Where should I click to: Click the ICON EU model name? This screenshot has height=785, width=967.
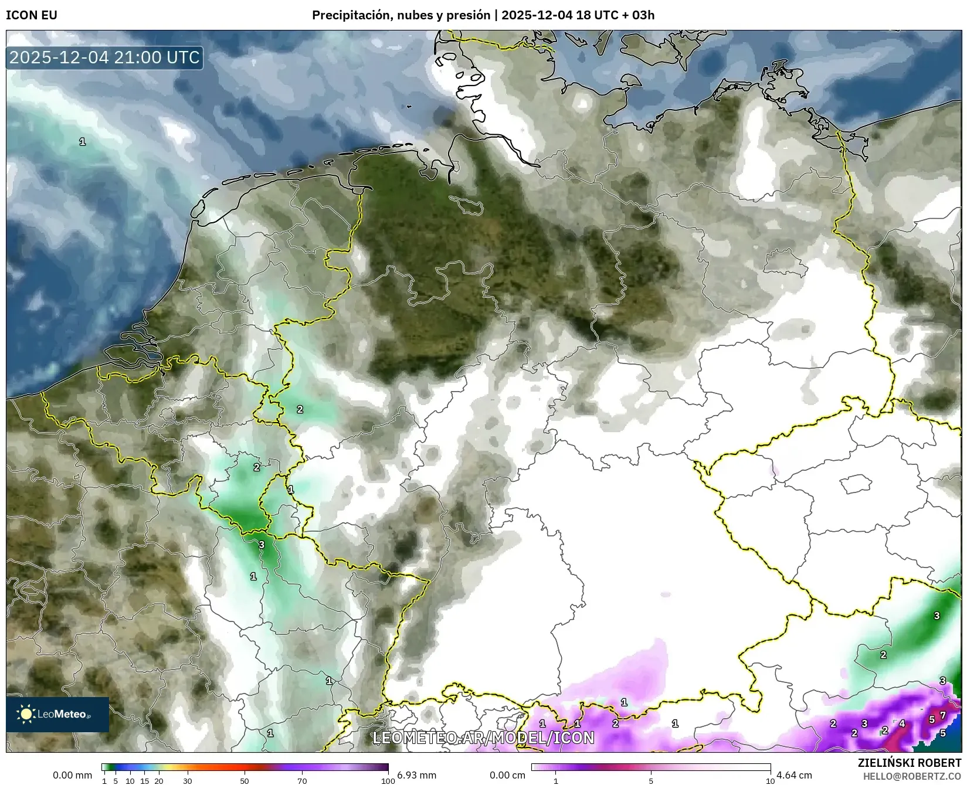pyautogui.click(x=32, y=15)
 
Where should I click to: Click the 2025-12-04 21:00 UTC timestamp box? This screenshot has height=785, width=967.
pyautogui.click(x=105, y=57)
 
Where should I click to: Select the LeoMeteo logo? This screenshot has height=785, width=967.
pyautogui.click(x=57, y=714)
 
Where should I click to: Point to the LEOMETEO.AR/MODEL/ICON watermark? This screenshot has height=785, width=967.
pyautogui.click(x=483, y=738)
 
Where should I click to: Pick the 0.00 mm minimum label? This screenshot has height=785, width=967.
pyautogui.click(x=72, y=775)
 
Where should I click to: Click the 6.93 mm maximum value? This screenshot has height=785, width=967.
pyautogui.click(x=416, y=775)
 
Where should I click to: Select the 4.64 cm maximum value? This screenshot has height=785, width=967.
pyautogui.click(x=794, y=775)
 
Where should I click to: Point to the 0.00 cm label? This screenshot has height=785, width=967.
pyautogui.click(x=507, y=775)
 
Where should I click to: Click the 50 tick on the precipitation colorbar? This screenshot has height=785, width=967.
pyautogui.click(x=245, y=781)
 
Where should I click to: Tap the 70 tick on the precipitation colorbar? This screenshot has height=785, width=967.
pyautogui.click(x=301, y=781)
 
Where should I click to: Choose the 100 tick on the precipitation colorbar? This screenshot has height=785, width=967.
pyautogui.click(x=388, y=781)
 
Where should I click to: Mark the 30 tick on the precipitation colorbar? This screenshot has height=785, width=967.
pyautogui.click(x=187, y=781)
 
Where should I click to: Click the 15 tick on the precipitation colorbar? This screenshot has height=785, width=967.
pyautogui.click(x=144, y=781)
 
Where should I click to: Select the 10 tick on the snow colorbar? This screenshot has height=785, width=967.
pyautogui.click(x=770, y=781)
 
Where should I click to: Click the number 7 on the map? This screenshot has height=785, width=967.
pyautogui.click(x=942, y=715)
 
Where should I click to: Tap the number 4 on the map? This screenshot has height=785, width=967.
pyautogui.click(x=902, y=723)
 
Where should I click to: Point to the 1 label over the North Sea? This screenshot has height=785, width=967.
pyautogui.click(x=83, y=141)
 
